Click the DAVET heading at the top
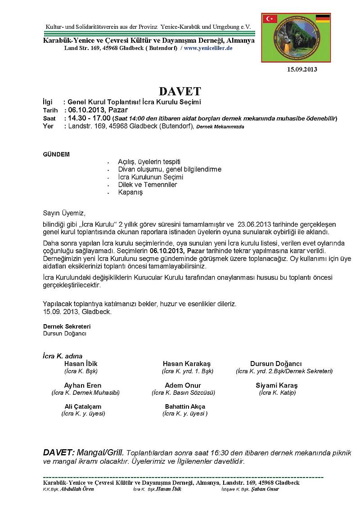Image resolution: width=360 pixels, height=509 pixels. tap(180, 91)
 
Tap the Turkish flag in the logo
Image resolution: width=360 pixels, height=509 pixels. tap(271, 18)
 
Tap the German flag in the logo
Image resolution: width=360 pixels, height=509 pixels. tap(323, 18)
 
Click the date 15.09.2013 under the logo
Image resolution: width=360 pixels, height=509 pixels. tap(301, 69)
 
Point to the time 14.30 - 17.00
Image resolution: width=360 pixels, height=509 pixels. tap(89, 118)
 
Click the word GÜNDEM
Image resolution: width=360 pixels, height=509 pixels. tap(56, 154)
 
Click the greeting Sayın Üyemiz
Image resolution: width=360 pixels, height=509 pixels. tap(64, 213)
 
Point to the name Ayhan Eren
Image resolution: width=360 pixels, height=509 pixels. tap(83, 385)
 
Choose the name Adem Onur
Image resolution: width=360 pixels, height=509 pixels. tap(183, 385)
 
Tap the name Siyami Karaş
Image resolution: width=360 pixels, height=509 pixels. tap(277, 385)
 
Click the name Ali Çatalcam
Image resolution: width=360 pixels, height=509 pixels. tap(83, 406)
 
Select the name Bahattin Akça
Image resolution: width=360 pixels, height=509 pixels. tap(185, 406)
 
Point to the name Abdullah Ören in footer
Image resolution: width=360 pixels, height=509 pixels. tap(77, 489)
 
